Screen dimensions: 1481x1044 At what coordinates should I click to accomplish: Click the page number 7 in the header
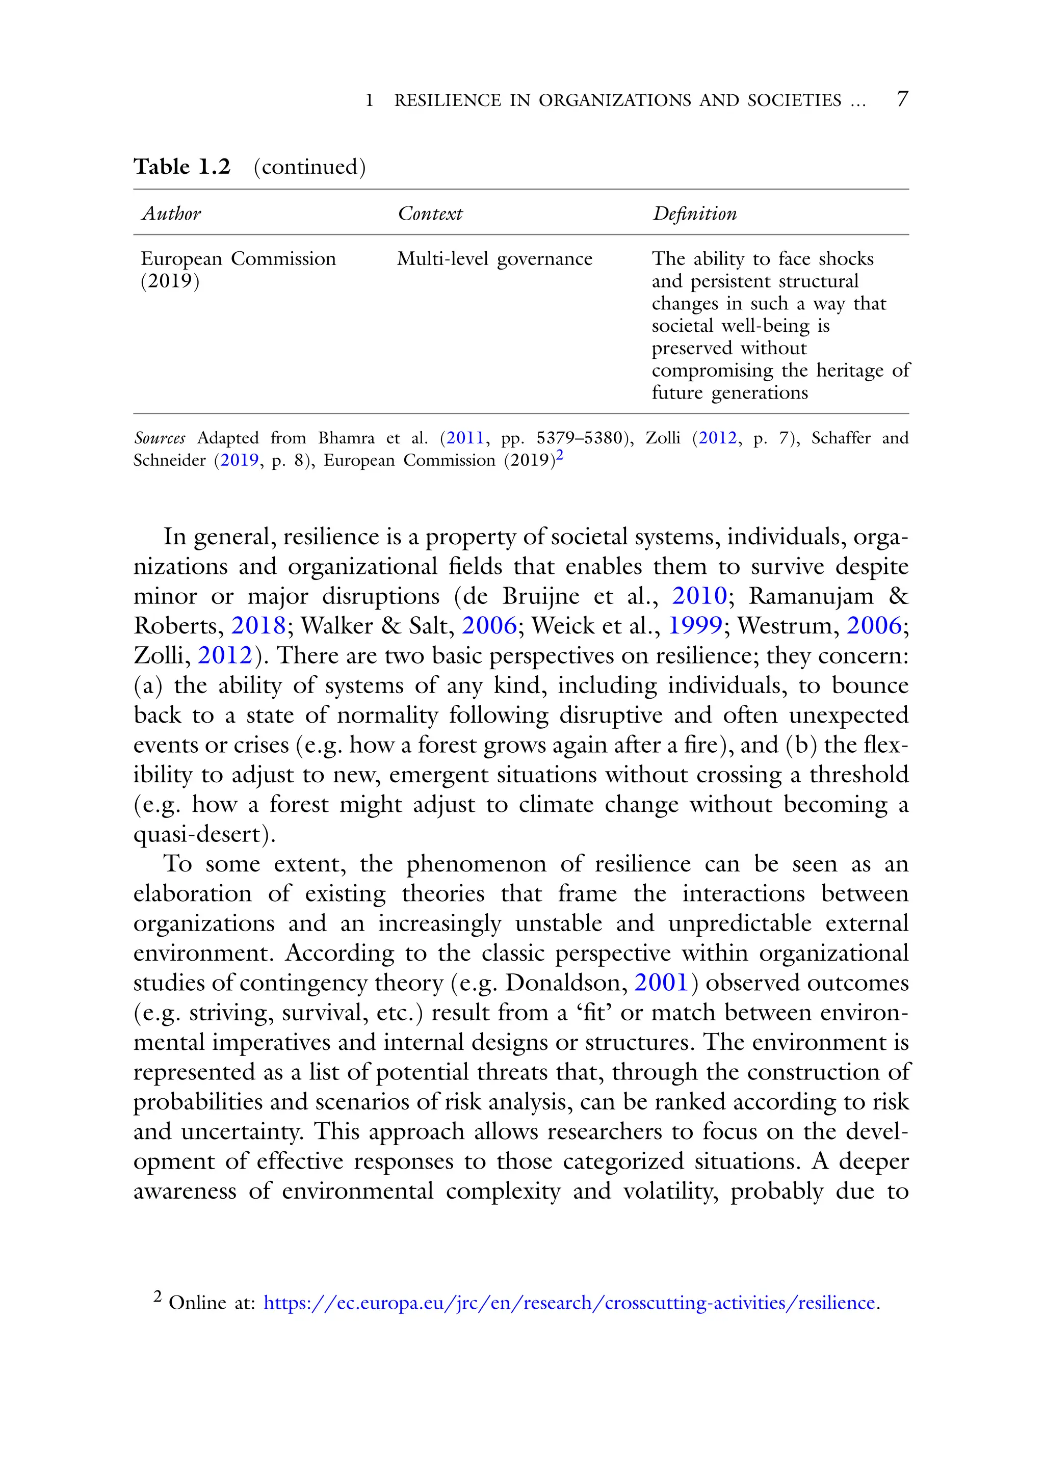(902, 99)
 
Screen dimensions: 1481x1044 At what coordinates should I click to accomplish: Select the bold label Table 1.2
(182, 167)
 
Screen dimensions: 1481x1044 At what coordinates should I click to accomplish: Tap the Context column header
(430, 214)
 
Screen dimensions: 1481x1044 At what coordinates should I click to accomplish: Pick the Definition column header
(694, 214)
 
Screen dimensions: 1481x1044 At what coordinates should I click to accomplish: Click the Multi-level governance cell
(494, 259)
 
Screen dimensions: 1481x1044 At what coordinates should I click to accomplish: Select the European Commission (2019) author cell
(238, 270)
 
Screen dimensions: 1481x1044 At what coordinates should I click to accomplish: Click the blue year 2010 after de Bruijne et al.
(699, 596)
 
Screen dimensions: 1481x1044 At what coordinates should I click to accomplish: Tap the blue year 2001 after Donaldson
(661, 983)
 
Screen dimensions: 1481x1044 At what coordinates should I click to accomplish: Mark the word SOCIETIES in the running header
(794, 100)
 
